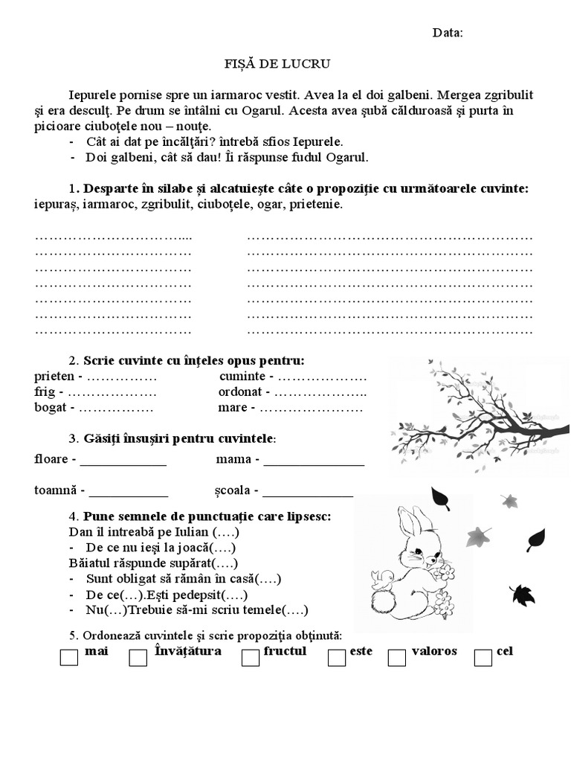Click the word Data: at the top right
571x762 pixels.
click(x=448, y=33)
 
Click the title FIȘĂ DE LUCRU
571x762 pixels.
click(x=267, y=65)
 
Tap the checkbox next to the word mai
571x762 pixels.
click(x=68, y=658)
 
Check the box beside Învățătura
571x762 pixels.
click(x=138, y=658)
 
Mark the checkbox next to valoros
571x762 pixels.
click(x=397, y=658)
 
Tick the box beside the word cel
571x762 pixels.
click(x=483, y=658)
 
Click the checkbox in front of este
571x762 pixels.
click(x=337, y=658)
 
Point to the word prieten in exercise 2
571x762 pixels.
click(x=54, y=377)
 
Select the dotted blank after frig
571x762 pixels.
click(x=112, y=392)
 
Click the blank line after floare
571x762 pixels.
click(x=123, y=461)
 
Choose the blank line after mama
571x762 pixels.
click(x=314, y=461)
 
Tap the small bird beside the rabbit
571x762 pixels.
click(x=384, y=580)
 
